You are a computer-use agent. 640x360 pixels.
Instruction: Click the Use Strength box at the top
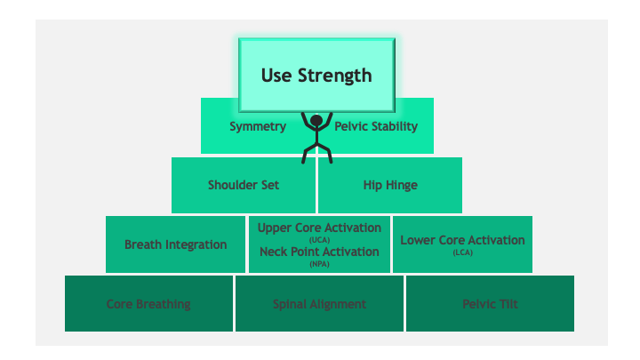[x=316, y=75]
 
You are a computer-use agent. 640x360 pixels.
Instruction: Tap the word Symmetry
[x=258, y=126]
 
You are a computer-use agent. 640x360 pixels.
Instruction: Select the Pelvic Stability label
[x=376, y=126]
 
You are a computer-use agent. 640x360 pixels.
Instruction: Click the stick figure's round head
[x=316, y=120]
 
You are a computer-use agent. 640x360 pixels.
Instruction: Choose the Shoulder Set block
[x=244, y=185]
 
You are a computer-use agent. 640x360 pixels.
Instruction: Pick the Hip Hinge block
[x=390, y=185]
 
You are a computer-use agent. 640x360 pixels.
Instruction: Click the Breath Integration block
[x=175, y=244]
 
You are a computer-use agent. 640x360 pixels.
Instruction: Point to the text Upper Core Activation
[x=319, y=228]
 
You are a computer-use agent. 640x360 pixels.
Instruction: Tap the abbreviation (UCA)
[x=319, y=240]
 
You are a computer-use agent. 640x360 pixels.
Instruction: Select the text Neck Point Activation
[x=319, y=252]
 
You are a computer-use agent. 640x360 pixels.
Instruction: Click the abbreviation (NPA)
[x=319, y=264]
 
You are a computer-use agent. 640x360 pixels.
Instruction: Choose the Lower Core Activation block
[x=462, y=244]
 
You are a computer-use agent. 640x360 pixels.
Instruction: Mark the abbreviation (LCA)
[x=462, y=252]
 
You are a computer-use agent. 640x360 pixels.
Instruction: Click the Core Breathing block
[x=149, y=304]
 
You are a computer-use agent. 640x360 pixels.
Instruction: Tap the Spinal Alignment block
[x=319, y=304]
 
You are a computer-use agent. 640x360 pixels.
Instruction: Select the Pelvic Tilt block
[x=490, y=304]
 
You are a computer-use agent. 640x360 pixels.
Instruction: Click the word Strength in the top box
[x=335, y=76]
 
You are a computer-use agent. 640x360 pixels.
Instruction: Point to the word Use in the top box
[x=276, y=76]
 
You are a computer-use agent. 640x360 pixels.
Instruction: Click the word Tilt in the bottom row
[x=508, y=304]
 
